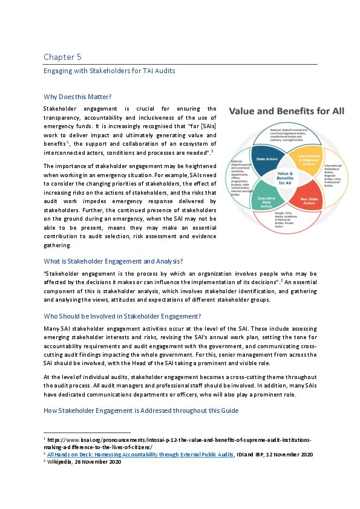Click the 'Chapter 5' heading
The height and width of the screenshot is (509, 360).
click(x=62, y=57)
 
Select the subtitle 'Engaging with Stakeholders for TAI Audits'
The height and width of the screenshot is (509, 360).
click(x=109, y=71)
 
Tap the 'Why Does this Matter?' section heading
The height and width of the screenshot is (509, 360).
click(x=77, y=97)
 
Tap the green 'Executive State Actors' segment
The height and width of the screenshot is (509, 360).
click(x=265, y=203)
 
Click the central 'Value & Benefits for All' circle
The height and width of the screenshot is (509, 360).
click(x=284, y=180)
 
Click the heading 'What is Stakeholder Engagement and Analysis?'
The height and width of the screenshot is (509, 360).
click(x=113, y=261)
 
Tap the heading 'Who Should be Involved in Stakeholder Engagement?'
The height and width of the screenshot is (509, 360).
click(x=122, y=316)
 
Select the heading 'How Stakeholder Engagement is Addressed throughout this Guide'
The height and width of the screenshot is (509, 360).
click(x=142, y=410)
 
